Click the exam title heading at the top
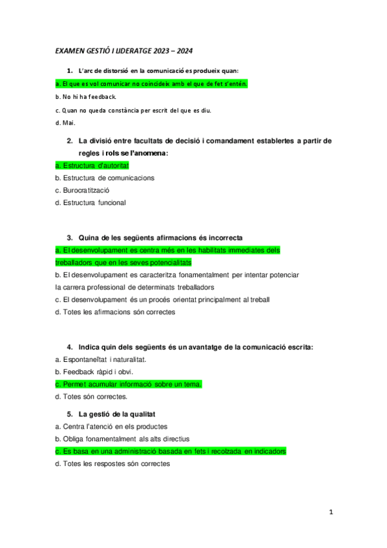[x=123, y=50]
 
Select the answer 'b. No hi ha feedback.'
[x=85, y=97]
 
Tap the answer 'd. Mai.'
[x=65, y=123]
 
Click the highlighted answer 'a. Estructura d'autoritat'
[x=92, y=165]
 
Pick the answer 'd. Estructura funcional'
[x=90, y=202]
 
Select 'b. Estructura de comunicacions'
[x=105, y=178]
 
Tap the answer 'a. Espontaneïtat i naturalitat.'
[x=101, y=359]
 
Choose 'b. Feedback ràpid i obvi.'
[x=93, y=372]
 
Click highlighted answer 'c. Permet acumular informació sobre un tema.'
[x=129, y=384]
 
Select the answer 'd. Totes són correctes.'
[x=91, y=396]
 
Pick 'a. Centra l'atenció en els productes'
[x=111, y=427]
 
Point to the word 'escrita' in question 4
[x=299, y=347]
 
